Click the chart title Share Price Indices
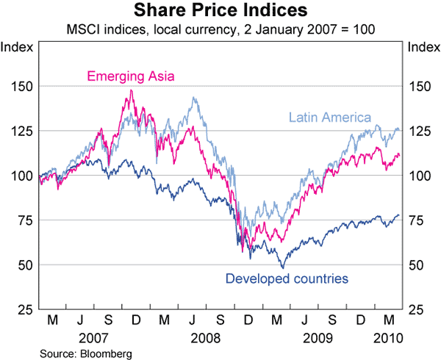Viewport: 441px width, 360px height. point(220,12)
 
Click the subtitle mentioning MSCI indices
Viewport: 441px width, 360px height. point(220,31)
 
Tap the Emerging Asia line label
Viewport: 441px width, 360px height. point(130,76)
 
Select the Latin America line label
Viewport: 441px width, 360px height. point(330,117)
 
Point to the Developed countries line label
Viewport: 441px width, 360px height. point(287,278)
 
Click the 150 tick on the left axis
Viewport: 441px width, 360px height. point(22,87)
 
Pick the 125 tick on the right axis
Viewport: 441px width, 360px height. point(417,132)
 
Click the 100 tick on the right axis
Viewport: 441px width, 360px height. point(417,176)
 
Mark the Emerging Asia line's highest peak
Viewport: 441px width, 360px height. point(131,90)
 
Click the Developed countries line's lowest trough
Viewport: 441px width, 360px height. point(281,267)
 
